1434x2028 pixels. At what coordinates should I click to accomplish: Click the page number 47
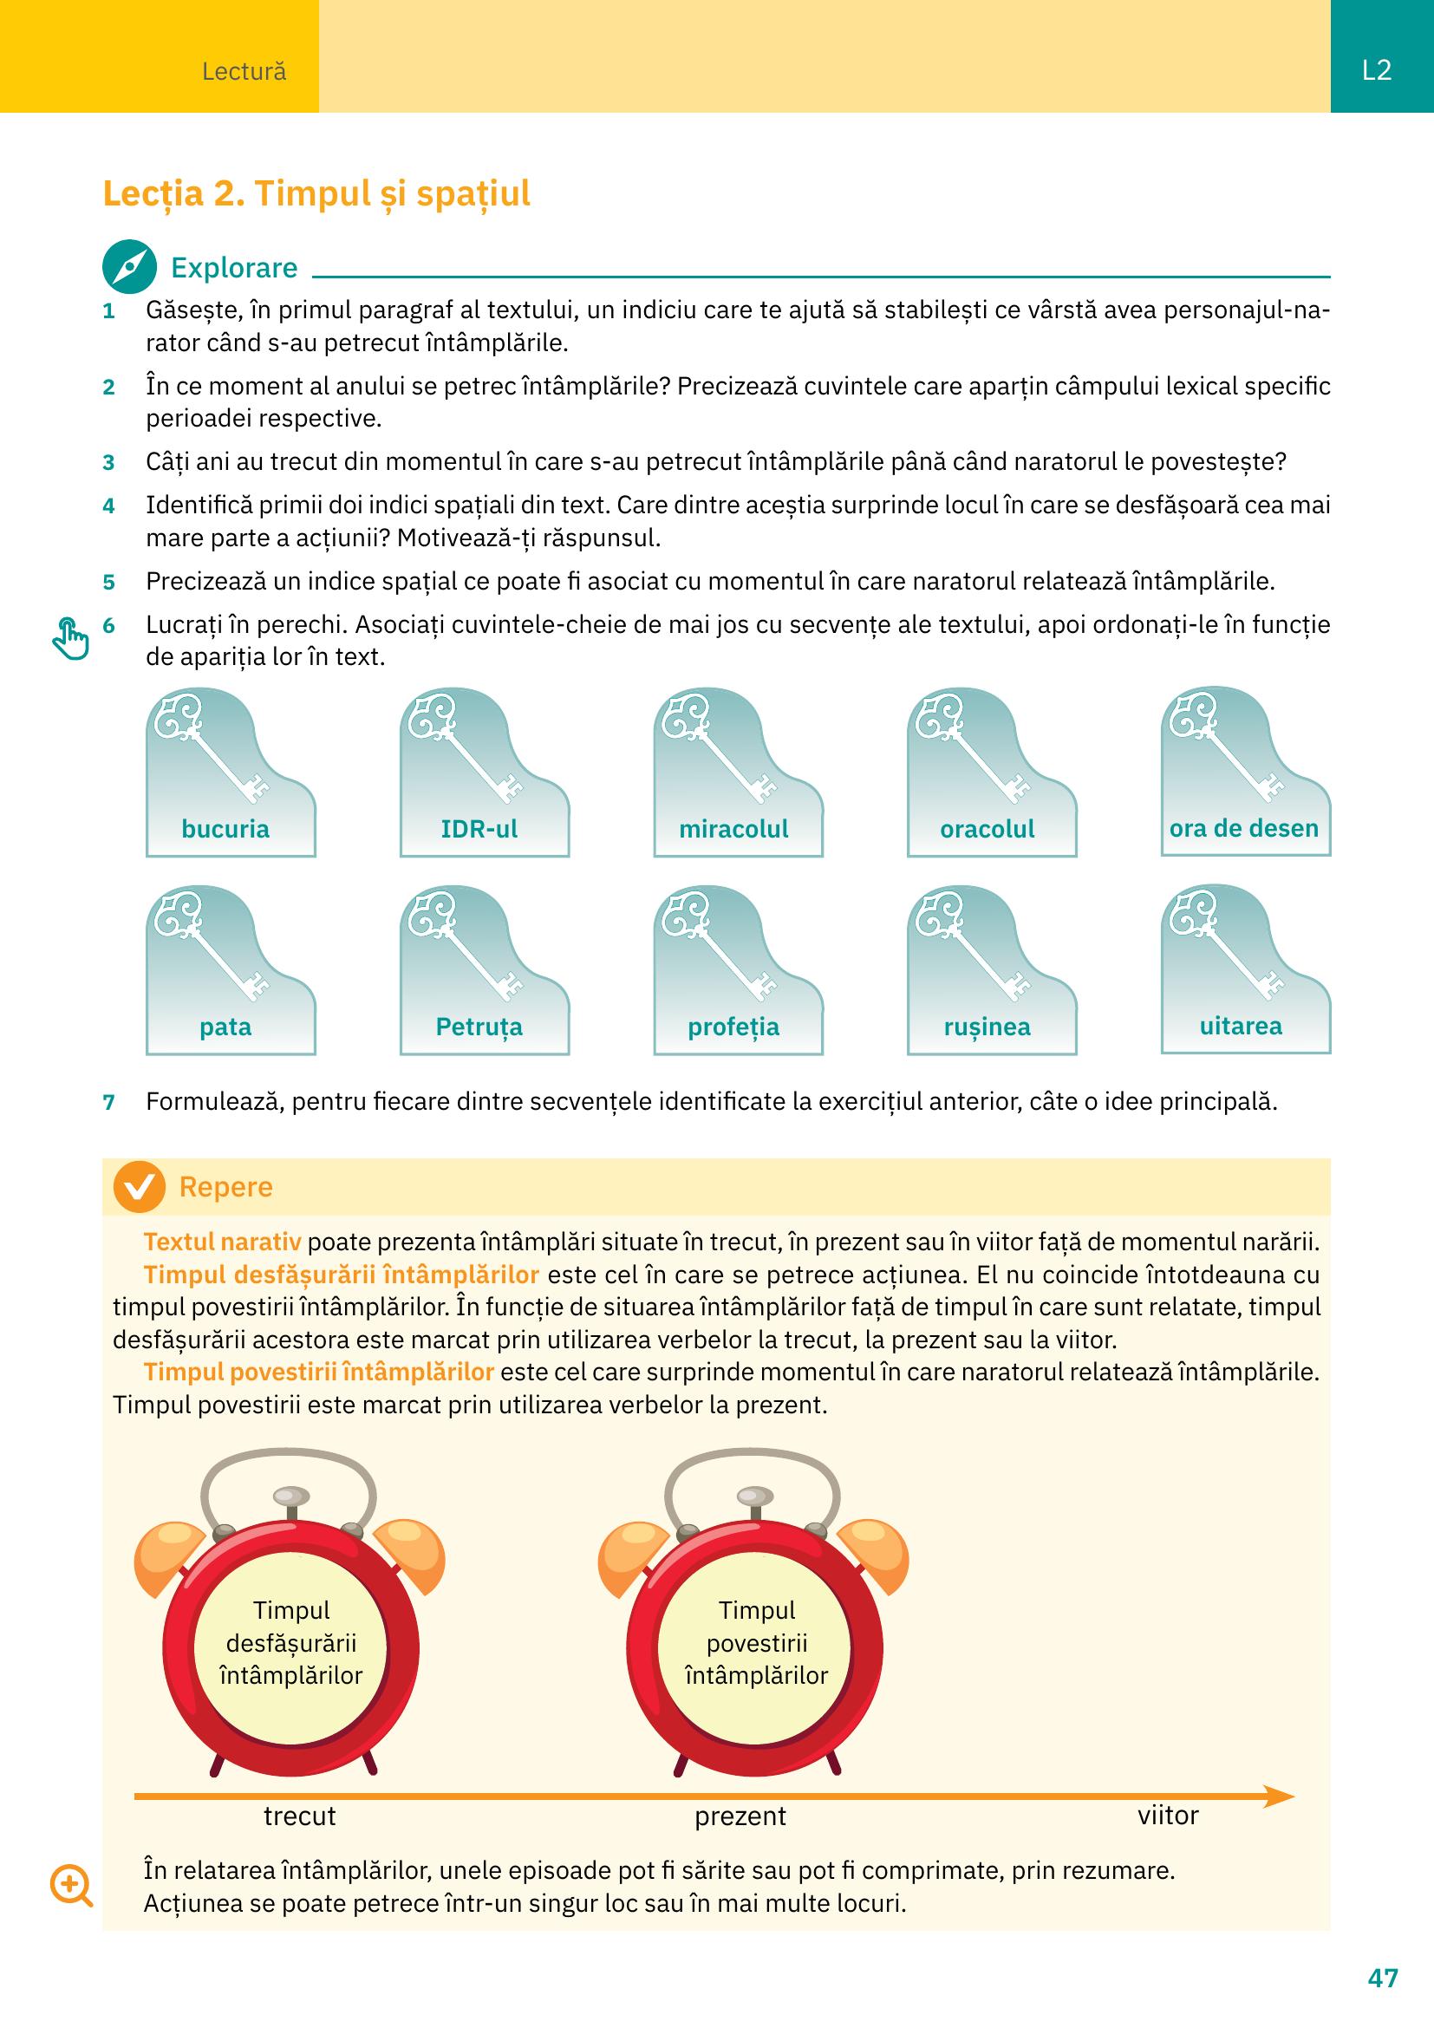[x=1383, y=1977]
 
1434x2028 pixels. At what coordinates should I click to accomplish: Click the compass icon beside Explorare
[x=130, y=267]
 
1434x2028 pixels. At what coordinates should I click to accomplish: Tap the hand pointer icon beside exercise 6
[x=70, y=638]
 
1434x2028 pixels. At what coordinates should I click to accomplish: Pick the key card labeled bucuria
[x=231, y=772]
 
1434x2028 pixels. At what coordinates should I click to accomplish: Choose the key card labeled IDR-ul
[x=485, y=772]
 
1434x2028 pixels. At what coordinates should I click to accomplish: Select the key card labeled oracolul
[x=992, y=772]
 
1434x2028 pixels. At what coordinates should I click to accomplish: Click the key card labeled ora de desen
[x=1246, y=771]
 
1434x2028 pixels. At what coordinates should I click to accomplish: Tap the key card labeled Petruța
[x=485, y=970]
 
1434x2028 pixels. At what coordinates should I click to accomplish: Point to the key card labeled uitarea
[x=1246, y=969]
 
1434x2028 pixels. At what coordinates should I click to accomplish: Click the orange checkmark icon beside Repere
[x=140, y=1187]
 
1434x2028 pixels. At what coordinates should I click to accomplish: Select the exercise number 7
[x=108, y=1102]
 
